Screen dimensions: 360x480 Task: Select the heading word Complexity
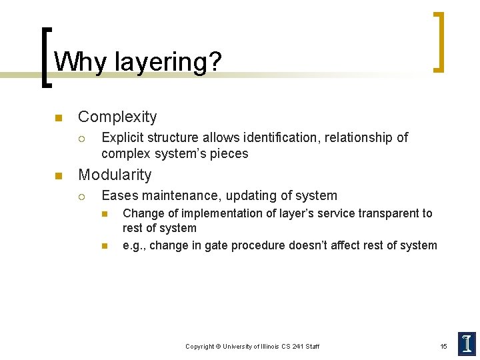pos(117,117)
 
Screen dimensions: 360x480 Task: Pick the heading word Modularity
pos(115,175)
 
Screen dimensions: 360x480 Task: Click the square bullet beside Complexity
pos(58,118)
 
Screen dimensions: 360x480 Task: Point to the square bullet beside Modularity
pos(58,176)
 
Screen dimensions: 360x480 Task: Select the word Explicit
pos(121,137)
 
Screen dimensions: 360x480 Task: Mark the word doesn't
pos(313,245)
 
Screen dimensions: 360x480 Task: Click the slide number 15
pos(443,346)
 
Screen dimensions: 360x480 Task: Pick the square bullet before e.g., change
pos(104,246)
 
